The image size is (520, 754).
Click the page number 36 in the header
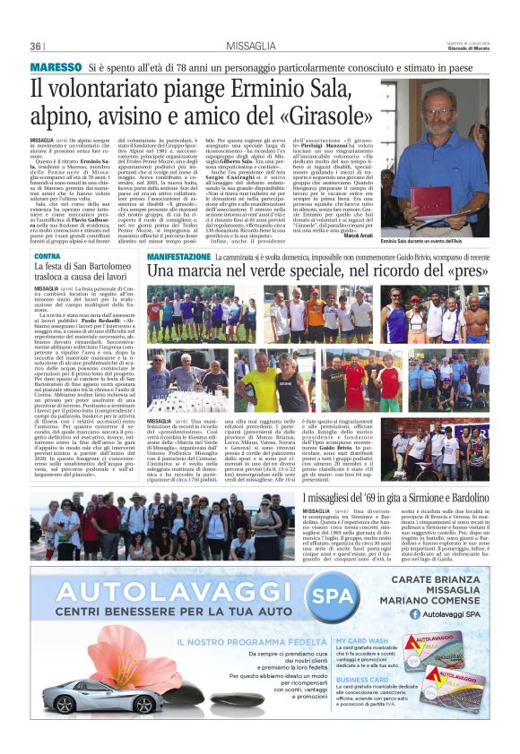pyautogui.click(x=36, y=46)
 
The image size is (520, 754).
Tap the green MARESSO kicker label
pyautogui.click(x=56, y=67)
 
